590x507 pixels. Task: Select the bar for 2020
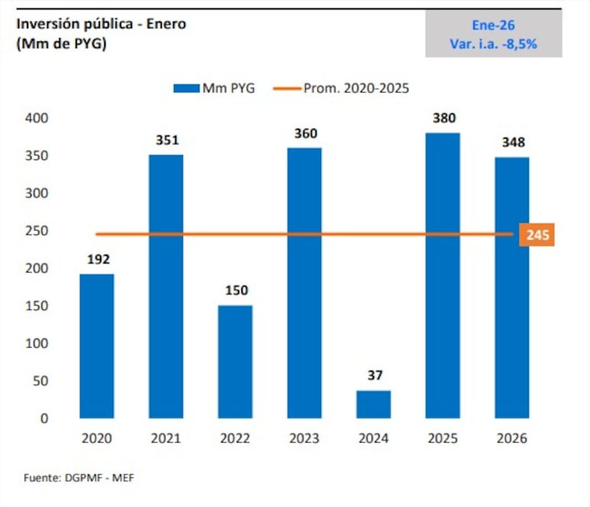click(97, 346)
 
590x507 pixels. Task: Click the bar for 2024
click(373, 404)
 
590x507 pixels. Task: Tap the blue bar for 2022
click(234, 361)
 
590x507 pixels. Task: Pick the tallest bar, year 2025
click(442, 276)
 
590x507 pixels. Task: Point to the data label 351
click(166, 141)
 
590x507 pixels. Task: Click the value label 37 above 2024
click(373, 376)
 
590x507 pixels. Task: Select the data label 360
click(304, 134)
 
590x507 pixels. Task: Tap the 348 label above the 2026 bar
click(511, 142)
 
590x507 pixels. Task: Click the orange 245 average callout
click(537, 235)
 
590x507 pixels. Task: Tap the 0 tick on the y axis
click(44, 419)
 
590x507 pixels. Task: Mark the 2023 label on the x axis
click(304, 440)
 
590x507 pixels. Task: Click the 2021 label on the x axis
click(166, 440)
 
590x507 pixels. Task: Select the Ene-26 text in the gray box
click(493, 25)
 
